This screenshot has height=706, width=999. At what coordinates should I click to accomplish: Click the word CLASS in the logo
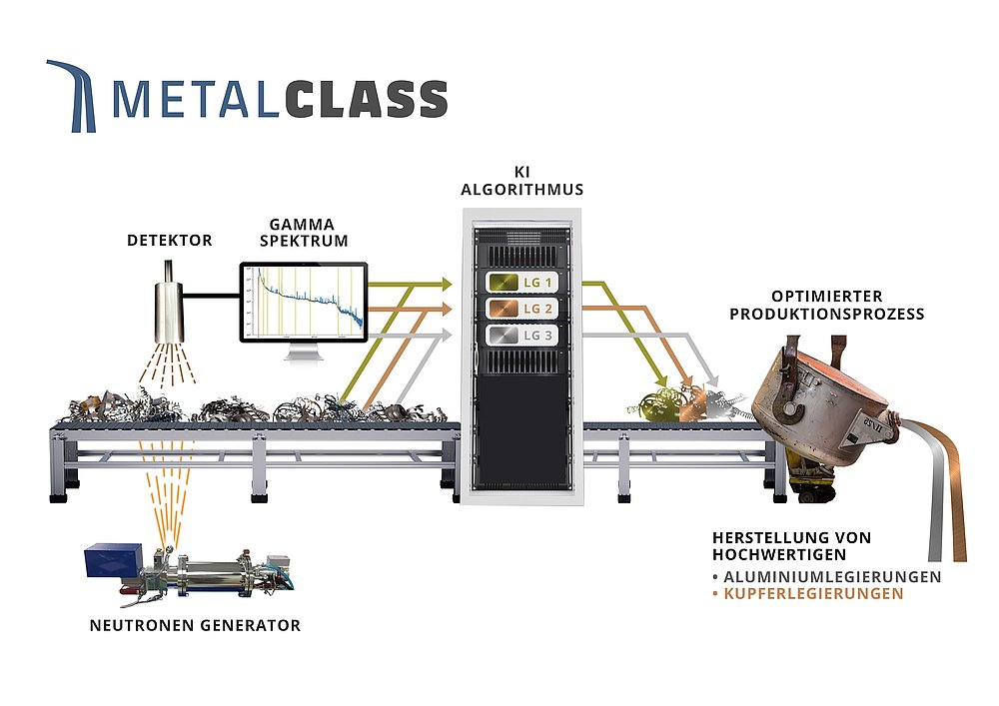[366, 99]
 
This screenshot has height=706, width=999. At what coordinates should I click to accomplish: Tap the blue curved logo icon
[73, 95]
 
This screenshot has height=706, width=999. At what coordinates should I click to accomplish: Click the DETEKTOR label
[169, 241]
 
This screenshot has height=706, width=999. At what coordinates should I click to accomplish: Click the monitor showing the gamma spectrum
[303, 303]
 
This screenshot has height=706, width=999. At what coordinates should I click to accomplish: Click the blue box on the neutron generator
[117, 561]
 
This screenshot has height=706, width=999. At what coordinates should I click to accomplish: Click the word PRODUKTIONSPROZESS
[826, 314]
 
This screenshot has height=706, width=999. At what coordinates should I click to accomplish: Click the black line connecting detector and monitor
[213, 296]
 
